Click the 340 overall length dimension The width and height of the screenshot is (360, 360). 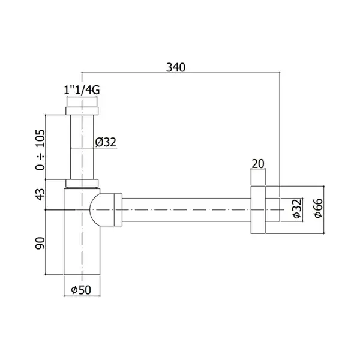176,67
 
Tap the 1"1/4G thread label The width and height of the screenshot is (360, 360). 82,90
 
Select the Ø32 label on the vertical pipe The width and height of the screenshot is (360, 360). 106,142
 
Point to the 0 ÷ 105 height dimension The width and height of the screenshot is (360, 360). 40,150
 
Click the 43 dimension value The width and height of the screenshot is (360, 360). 40,194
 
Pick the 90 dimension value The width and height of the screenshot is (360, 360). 40,243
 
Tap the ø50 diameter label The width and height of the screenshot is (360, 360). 81,290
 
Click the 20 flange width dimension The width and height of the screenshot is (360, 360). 258,164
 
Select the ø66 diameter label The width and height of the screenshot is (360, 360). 319,208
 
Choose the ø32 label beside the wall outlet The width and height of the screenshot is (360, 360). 297,208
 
